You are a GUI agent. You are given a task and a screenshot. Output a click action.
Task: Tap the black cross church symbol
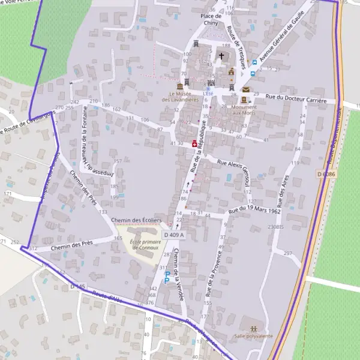click(221, 56)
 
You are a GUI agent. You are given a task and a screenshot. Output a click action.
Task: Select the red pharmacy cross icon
click(194, 144)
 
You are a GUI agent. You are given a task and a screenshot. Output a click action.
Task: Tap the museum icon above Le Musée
click(179, 86)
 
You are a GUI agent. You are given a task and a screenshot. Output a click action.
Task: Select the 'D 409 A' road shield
click(173, 235)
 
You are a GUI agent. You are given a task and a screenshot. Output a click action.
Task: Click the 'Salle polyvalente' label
click(254, 337)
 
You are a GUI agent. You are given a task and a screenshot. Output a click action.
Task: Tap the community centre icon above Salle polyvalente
click(254, 328)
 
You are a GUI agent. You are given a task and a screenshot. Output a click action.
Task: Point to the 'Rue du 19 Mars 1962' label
click(255, 212)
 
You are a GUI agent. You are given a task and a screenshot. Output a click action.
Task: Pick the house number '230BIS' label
click(275, 227)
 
